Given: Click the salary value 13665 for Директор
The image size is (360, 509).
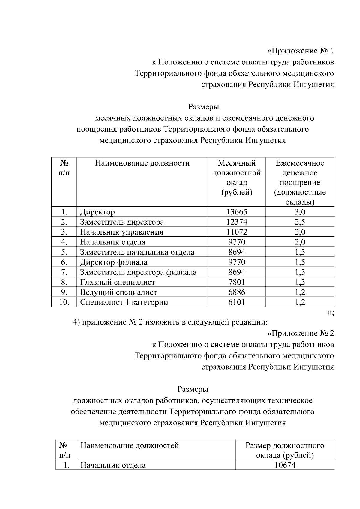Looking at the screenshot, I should coord(237,212).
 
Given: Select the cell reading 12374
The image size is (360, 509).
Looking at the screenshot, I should coord(237,222).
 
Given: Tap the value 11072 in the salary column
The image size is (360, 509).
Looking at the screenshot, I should coord(237,232).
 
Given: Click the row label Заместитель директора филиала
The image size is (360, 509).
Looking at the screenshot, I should coord(138,272).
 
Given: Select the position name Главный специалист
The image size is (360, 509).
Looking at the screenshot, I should coord(118,282).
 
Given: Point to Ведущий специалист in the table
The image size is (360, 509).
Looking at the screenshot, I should coord(118,292).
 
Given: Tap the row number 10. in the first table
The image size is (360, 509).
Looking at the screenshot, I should coord(64,302).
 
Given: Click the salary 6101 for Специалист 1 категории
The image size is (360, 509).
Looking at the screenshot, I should coord(237,302).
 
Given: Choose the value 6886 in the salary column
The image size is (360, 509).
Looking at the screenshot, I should coord(237,292).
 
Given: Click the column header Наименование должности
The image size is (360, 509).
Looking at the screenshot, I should coord(142,163).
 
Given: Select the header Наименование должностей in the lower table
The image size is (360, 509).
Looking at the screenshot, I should coord(130,445).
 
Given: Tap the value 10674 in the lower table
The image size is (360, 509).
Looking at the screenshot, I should coord(285,465).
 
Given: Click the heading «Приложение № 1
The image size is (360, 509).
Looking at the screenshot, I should coord(300,51).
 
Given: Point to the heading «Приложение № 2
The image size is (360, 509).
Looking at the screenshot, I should coord(300,333).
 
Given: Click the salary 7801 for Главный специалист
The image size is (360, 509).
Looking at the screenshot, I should coord(237,282).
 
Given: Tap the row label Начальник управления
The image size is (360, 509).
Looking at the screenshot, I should coord(121,232).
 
